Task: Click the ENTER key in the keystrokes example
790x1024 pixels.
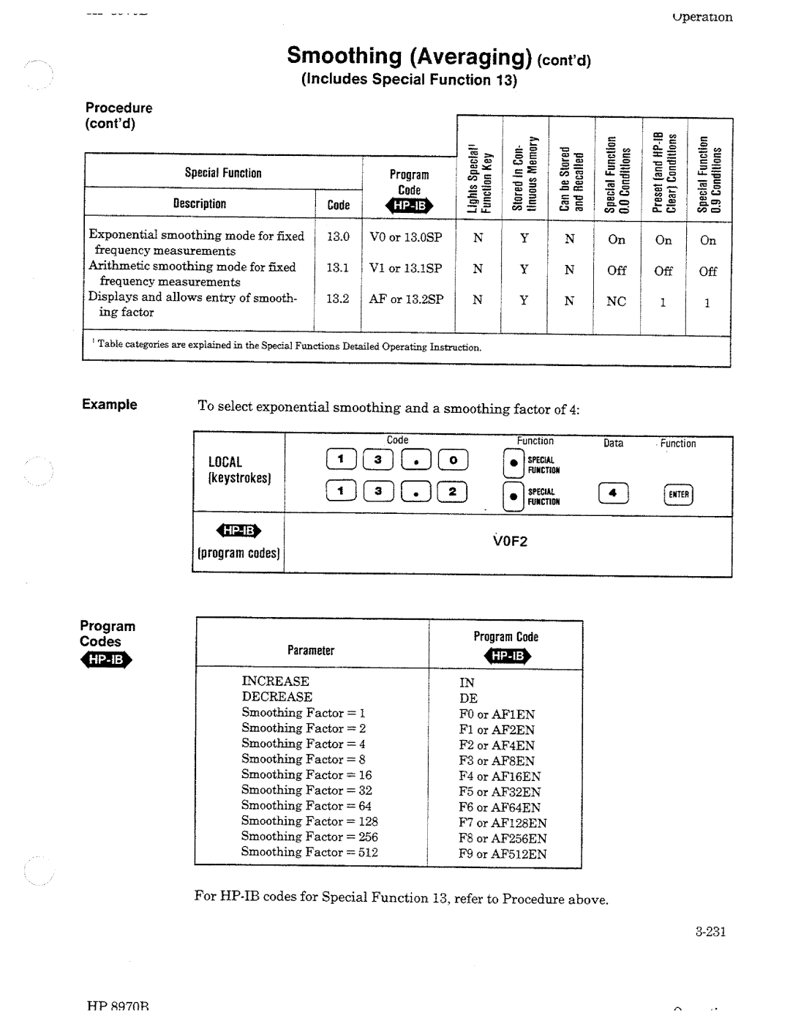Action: tap(679, 495)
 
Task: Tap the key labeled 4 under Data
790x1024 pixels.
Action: tap(613, 494)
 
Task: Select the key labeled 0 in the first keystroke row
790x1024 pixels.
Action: tap(453, 460)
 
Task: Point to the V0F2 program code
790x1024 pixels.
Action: tap(510, 542)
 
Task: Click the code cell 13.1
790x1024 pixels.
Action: tap(338, 268)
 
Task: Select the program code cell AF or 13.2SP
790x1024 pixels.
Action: tap(407, 299)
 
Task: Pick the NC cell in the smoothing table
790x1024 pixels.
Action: tap(616, 302)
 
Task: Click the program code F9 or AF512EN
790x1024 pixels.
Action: tap(503, 854)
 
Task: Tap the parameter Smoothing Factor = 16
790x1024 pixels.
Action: tap(306, 774)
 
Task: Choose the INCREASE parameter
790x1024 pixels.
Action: tap(276, 681)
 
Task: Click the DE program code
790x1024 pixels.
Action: tap(468, 698)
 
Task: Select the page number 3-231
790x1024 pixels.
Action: tap(710, 932)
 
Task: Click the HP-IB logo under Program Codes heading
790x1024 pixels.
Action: tap(106, 660)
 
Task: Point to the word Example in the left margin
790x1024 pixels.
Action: tap(110, 405)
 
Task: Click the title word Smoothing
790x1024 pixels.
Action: tap(345, 56)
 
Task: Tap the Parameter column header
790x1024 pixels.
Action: tap(311, 650)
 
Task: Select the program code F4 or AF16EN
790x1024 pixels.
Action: tap(500, 777)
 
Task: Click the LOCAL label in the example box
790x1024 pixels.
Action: tap(225, 462)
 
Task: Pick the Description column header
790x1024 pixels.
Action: tap(200, 204)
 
